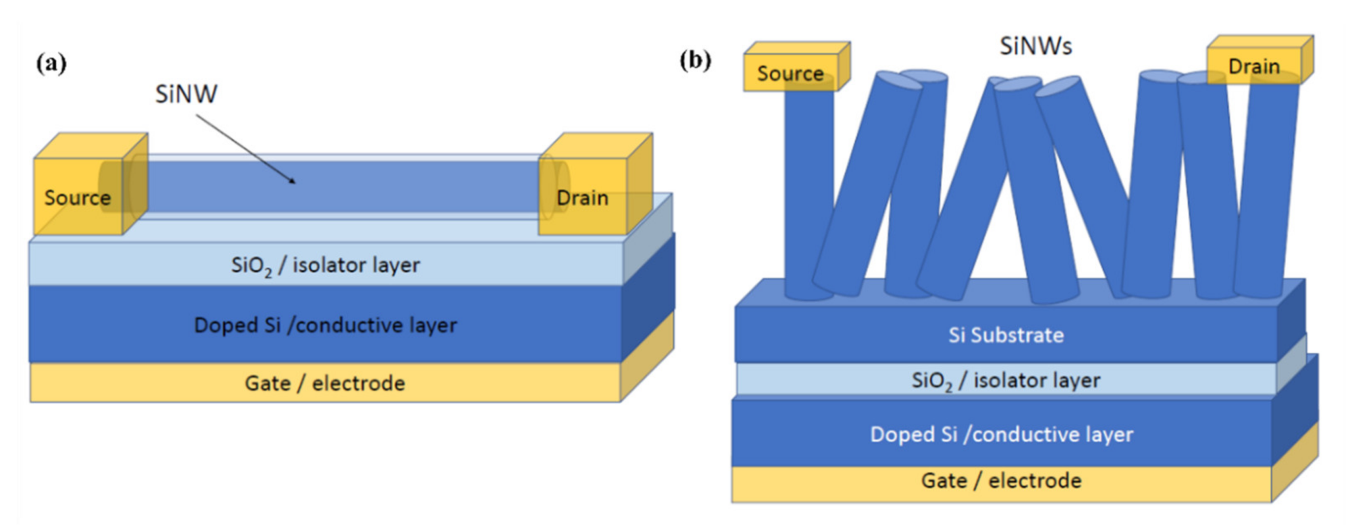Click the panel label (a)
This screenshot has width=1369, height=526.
coord(52,64)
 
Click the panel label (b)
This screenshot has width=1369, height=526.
coord(695,60)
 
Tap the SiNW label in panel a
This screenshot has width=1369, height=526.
coord(186,94)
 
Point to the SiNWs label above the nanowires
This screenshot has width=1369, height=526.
coord(1035,46)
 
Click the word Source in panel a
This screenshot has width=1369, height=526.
coord(78,198)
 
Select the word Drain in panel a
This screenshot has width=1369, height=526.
coord(582,198)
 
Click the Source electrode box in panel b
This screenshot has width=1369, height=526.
coord(791,73)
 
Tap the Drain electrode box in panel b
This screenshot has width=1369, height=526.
coord(1254,67)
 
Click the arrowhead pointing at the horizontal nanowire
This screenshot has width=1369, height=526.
coord(292,181)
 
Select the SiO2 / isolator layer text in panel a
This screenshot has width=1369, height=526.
coord(325,265)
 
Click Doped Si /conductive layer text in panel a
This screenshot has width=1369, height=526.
coord(325,325)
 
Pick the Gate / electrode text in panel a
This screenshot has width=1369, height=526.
coord(325,382)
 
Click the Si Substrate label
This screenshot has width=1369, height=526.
coord(1006,335)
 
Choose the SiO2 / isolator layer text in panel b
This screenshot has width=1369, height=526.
coord(1006,380)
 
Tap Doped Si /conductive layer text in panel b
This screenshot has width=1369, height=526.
coord(1001,434)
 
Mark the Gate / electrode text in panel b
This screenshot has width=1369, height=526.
coord(1001,480)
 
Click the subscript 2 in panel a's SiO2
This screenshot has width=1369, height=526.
coord(268,274)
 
